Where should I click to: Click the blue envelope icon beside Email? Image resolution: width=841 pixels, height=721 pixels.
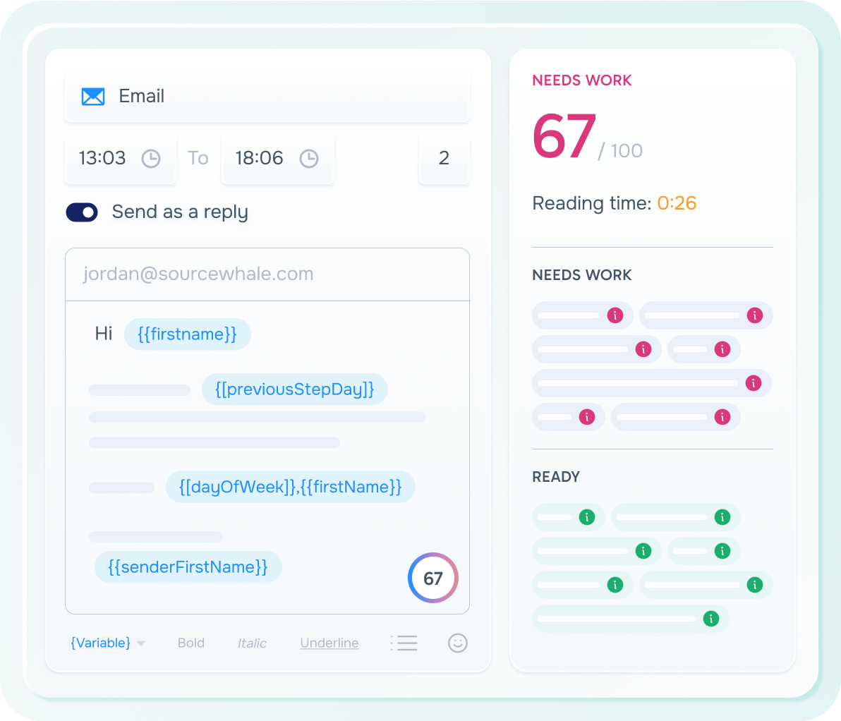93,97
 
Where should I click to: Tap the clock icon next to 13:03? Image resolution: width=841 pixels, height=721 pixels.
151,159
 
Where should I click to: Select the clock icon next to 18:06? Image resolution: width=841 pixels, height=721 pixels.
309,159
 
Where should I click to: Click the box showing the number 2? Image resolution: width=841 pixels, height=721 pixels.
444,159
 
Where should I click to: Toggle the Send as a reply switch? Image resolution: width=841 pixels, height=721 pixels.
82,212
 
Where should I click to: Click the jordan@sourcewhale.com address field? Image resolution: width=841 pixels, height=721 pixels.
267,274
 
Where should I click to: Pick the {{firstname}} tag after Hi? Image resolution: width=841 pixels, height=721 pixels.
188,334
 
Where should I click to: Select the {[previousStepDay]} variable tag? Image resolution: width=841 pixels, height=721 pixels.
294,389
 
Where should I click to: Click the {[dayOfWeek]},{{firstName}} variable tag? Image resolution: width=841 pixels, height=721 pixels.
290,487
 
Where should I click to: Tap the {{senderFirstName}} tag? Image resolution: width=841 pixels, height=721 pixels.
188,567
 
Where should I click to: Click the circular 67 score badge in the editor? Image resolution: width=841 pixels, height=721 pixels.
432,578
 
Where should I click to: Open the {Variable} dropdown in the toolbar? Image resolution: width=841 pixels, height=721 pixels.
107,643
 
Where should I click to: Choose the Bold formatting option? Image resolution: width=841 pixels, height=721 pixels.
191,643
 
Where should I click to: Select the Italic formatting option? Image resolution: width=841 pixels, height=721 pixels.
252,643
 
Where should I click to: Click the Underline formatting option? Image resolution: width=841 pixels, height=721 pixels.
329,643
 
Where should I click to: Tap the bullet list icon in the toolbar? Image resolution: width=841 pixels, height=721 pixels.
404,643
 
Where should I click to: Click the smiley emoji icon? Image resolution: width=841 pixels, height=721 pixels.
458,643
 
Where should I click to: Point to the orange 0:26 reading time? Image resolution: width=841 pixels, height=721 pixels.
677,203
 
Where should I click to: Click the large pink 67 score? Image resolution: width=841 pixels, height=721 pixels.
564,136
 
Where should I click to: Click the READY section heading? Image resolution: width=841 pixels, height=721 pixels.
556,477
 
